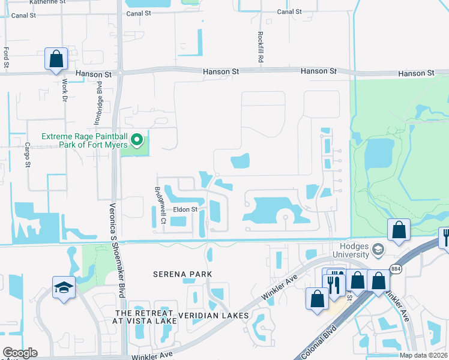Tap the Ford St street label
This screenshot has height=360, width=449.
click(7, 58)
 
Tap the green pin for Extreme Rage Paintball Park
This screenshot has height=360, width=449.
click(137, 141)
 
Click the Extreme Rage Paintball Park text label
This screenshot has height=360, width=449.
click(84, 140)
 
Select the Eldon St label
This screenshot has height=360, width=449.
click(185, 210)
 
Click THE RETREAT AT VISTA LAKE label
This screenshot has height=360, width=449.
click(146, 317)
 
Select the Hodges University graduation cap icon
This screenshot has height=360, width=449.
click(378, 248)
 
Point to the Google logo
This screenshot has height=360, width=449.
click(20, 353)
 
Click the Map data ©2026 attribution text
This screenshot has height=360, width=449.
click(423, 355)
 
